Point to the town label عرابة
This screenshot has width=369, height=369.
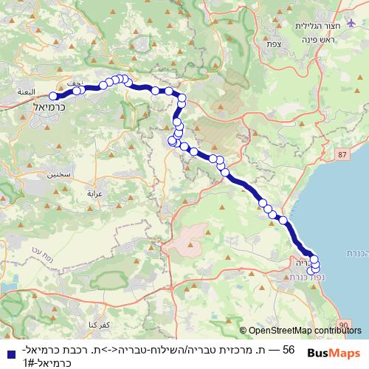coord(98,193)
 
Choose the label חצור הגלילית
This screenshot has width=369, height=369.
coord(315,26)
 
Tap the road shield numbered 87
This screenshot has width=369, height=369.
coord(340,154)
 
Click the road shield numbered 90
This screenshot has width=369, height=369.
coord(346,324)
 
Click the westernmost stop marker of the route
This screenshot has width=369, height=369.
coord(53,96)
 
